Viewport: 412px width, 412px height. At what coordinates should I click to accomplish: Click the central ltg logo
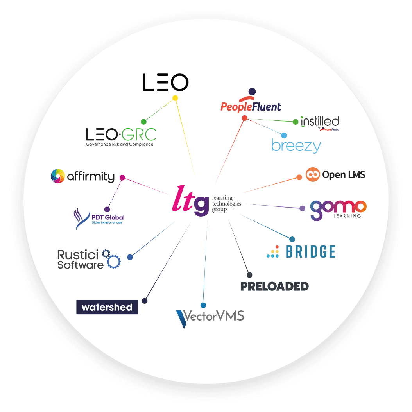click(x=191, y=201)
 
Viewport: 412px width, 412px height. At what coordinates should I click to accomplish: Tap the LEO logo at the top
click(x=165, y=82)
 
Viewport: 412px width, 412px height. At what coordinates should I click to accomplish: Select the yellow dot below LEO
click(x=175, y=98)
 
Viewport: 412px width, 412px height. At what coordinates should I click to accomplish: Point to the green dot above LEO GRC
click(x=143, y=122)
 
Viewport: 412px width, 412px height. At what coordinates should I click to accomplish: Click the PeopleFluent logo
click(x=251, y=103)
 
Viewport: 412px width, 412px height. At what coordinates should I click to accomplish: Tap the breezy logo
click(x=296, y=146)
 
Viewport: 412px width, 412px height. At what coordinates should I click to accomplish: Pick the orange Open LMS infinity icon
click(x=313, y=175)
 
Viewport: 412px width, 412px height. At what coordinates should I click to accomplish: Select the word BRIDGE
click(x=311, y=252)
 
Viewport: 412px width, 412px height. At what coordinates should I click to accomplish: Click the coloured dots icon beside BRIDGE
click(x=273, y=252)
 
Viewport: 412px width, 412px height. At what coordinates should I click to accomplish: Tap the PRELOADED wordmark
click(x=274, y=286)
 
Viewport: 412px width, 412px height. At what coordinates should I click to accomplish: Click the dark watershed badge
click(x=107, y=307)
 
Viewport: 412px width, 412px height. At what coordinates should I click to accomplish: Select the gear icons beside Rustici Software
click(x=111, y=259)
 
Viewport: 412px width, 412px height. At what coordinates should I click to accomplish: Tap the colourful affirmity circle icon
click(x=57, y=176)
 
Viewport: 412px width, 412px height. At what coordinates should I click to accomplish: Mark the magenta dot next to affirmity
click(x=122, y=177)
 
